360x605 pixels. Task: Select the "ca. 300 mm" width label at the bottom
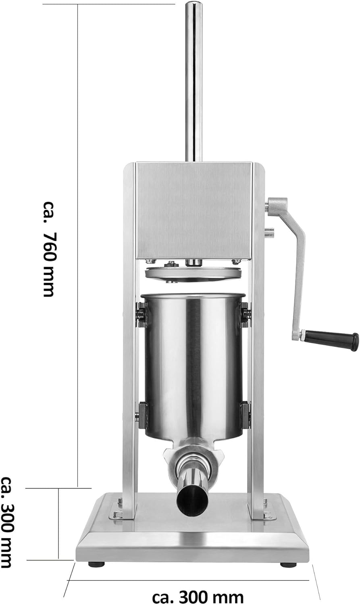pos(198,596)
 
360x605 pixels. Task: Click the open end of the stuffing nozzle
pos(191,500)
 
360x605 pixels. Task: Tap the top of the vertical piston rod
pos(194,6)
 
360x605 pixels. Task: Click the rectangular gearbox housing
pos(194,210)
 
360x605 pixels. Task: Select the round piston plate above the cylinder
pos(193,274)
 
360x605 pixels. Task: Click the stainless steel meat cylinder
pos(193,363)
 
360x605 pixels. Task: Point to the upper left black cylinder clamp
pos(141,315)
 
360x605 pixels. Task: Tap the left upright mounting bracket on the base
pos(118,509)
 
